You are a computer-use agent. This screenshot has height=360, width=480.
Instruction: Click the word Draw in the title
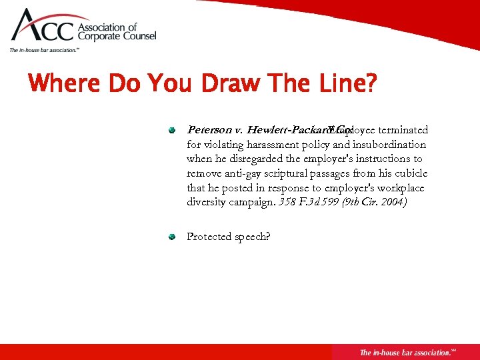point(213,85)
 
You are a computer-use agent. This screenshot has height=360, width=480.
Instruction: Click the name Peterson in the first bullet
point(210,130)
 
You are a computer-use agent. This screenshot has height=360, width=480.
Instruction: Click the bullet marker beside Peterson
point(171,130)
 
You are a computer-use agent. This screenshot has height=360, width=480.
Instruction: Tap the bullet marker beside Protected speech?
point(171,237)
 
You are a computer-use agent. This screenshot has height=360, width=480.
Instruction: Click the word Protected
point(209,237)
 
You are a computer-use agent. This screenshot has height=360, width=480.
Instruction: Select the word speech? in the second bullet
point(252,237)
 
